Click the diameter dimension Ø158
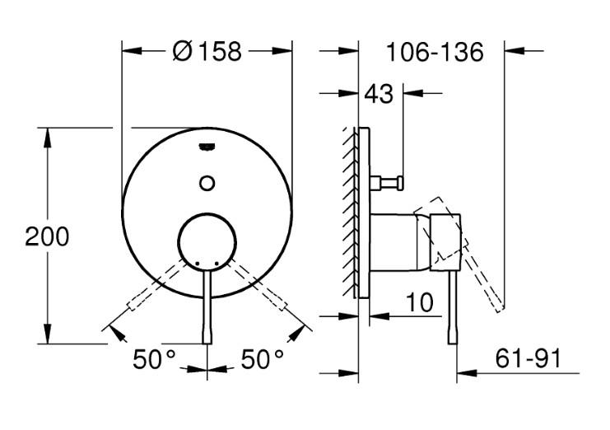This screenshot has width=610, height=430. [207, 51]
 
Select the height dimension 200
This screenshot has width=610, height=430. [46, 236]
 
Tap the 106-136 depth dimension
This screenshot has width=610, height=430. [434, 53]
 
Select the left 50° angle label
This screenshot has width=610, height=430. [156, 359]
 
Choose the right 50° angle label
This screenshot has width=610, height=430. [263, 359]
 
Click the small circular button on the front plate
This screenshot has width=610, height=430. [207, 183]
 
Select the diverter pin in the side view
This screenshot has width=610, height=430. [390, 182]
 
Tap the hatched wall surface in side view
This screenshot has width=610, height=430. [350, 214]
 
